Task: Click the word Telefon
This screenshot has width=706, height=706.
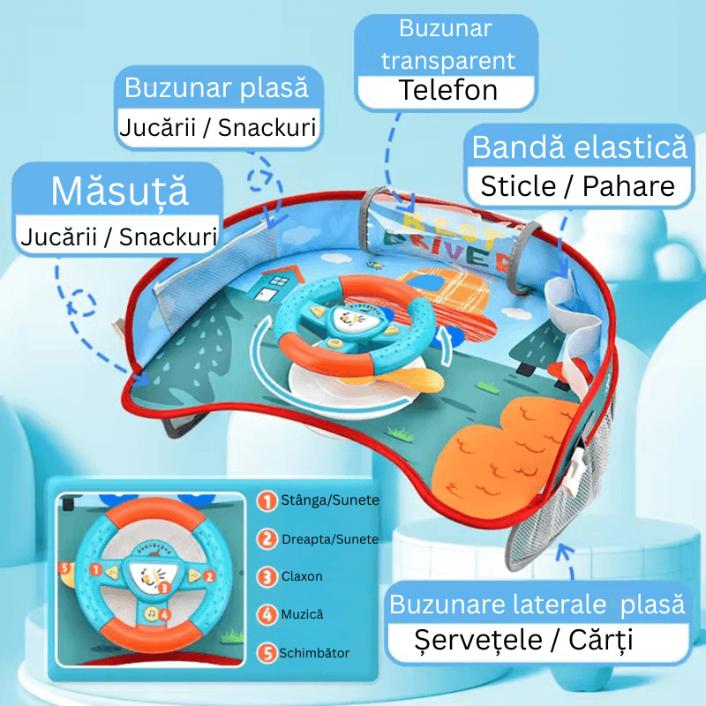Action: click(x=447, y=90)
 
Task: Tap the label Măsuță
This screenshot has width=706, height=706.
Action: click(x=120, y=192)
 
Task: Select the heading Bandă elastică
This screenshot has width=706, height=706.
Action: click(x=579, y=147)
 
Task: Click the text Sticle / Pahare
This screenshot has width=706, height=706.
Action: click(x=577, y=186)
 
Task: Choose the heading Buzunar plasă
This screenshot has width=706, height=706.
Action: click(x=216, y=89)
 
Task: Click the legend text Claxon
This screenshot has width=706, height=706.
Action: click(x=302, y=576)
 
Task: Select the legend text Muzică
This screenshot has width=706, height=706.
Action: click(x=302, y=613)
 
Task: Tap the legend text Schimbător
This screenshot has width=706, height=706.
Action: click(x=314, y=653)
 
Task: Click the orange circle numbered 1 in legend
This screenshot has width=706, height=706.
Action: click(x=267, y=501)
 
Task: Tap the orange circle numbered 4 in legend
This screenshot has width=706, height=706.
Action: click(x=267, y=614)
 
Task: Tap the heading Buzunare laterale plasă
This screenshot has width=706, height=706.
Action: click(x=537, y=605)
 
